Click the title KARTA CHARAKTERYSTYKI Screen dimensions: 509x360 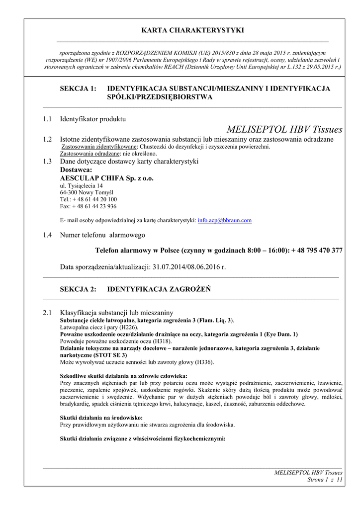[192, 30]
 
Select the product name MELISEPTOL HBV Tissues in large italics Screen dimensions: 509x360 [284, 130]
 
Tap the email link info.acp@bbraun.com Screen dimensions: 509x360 [225, 220]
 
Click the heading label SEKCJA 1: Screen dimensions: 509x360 [78, 88]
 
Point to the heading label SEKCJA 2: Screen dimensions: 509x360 [78, 289]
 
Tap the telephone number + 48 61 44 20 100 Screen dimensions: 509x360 [94, 199]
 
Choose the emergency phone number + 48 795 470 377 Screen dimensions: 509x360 [317, 251]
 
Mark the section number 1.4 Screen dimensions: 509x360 [47, 235]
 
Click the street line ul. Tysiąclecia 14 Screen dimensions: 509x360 [82, 185]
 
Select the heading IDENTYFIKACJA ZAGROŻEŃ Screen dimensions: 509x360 [159, 289]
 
